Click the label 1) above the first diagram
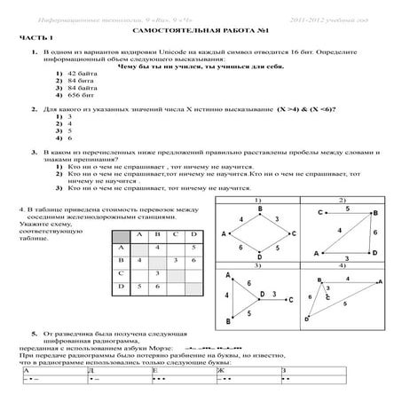click(x=256, y=201)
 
